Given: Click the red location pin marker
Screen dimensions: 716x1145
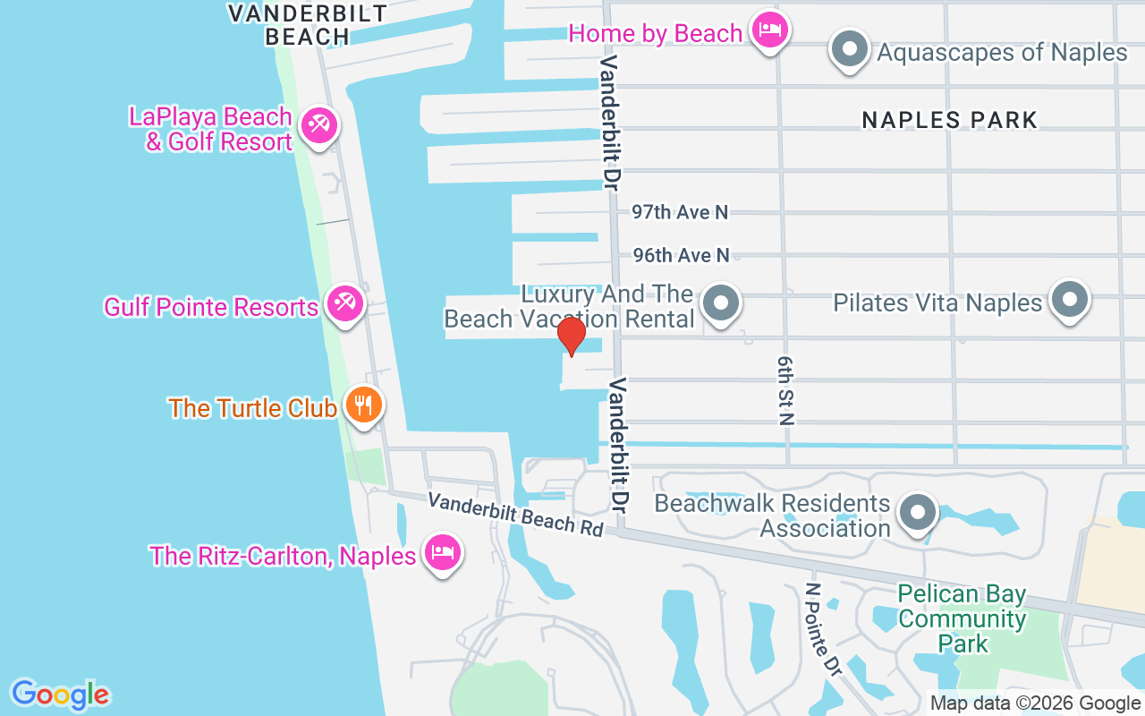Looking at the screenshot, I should (571, 337).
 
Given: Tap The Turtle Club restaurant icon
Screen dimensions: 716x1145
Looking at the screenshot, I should (363, 406).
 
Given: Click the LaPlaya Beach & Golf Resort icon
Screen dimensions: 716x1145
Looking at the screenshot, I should (318, 126).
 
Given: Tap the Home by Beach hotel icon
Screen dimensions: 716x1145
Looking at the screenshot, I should (768, 31).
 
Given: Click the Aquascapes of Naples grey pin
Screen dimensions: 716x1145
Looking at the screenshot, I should (850, 50).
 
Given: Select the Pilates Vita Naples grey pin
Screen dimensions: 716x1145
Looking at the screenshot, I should (1069, 301).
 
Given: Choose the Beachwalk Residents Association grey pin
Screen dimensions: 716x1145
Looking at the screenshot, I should (917, 514).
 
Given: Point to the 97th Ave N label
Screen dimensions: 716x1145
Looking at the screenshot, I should (680, 212).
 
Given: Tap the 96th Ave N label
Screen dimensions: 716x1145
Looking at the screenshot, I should (681, 256).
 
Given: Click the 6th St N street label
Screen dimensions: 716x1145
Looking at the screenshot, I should (785, 389).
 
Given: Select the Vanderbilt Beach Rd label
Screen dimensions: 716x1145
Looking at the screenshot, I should (515, 514).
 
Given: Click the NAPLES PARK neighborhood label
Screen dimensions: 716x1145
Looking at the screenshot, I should (949, 120).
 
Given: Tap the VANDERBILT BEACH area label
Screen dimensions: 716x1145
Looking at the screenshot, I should (307, 24).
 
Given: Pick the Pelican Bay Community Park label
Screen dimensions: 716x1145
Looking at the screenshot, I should (962, 618).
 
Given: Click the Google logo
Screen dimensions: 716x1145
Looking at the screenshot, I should (60, 694).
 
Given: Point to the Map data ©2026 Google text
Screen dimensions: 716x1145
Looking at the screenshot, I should (1035, 703).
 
